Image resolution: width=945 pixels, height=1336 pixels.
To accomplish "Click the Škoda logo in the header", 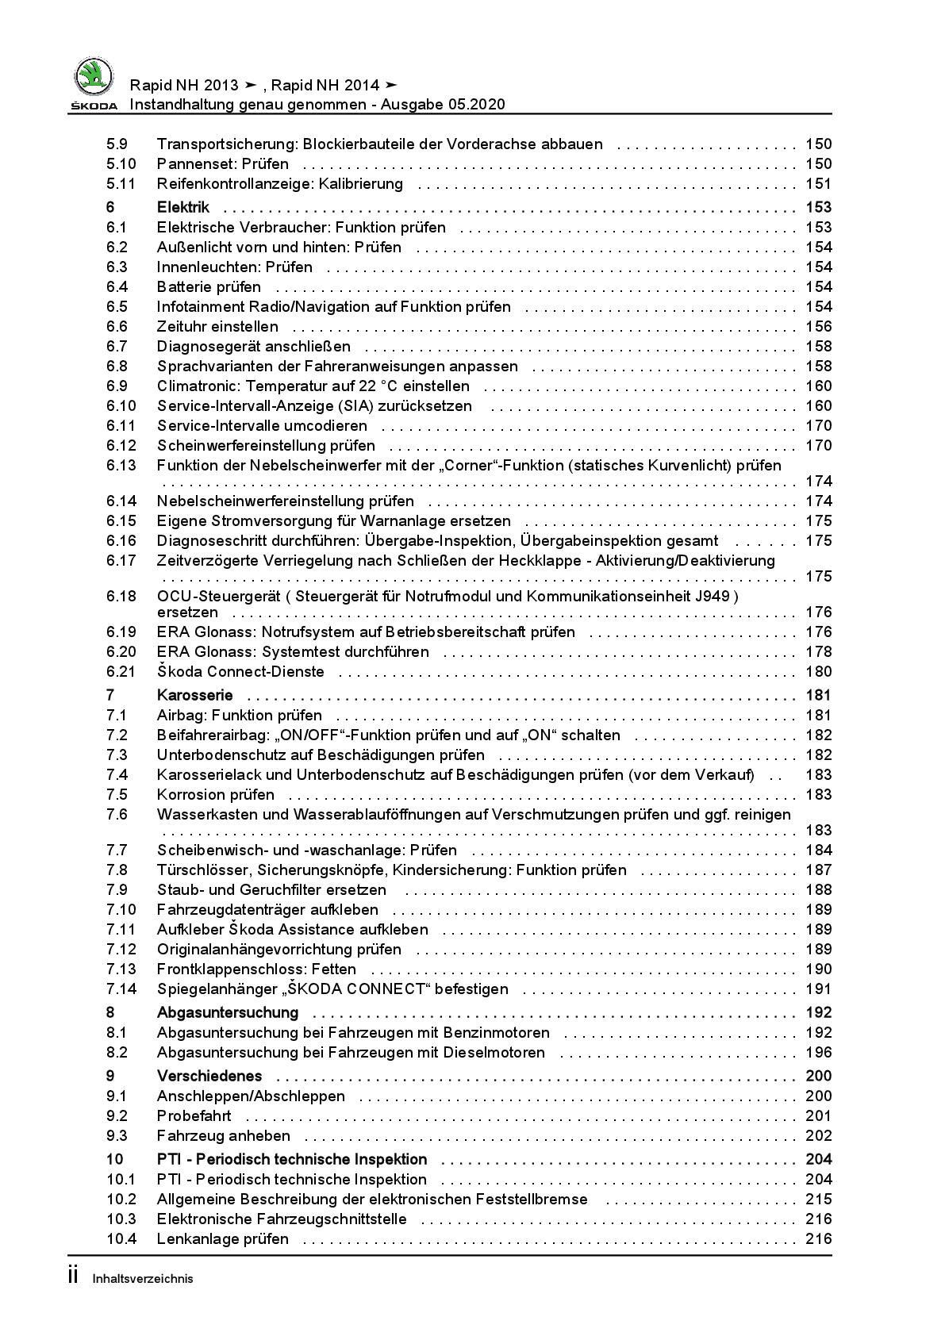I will pyautogui.click(x=94, y=83).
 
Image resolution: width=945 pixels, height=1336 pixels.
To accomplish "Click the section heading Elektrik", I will pyautogui.click(x=183, y=207).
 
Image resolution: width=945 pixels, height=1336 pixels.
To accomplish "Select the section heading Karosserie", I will pyautogui.click(x=194, y=695).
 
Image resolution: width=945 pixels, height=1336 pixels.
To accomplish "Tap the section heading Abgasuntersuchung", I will pyautogui.click(x=228, y=1012).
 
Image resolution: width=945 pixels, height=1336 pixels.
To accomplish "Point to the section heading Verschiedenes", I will pyautogui.click(x=209, y=1076).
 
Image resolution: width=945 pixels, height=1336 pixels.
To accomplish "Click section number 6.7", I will pyautogui.click(x=117, y=346).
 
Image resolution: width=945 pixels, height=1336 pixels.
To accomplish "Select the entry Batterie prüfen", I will pyautogui.click(x=209, y=286).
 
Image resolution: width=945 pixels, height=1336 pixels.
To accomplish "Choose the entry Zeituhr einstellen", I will pyautogui.click(x=217, y=326).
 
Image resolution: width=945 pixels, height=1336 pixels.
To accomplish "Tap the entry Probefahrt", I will pyautogui.click(x=194, y=1115).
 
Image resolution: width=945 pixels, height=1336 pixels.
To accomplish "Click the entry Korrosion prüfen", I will pyautogui.click(x=216, y=794).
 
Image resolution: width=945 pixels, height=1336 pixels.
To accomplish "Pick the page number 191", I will pyautogui.click(x=818, y=989).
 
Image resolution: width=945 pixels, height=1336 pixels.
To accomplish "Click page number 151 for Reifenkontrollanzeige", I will pyautogui.click(x=818, y=183).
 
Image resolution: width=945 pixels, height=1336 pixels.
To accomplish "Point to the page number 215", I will pyautogui.click(x=818, y=1199).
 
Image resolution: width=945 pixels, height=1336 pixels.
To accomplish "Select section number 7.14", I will pyautogui.click(x=121, y=989).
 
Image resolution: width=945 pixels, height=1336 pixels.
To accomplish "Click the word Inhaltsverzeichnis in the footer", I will pyautogui.click(x=143, y=1278).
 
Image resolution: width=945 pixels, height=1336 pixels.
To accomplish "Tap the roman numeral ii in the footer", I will pyautogui.click(x=73, y=1276).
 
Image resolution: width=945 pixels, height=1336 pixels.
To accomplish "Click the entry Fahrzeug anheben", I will pyautogui.click(x=224, y=1135).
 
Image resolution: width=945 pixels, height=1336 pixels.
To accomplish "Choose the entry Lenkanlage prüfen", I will pyautogui.click(x=223, y=1238).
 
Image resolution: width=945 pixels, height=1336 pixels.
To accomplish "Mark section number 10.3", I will pyautogui.click(x=121, y=1219).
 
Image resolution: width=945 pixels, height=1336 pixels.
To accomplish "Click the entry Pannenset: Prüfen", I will pyautogui.click(x=223, y=163).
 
